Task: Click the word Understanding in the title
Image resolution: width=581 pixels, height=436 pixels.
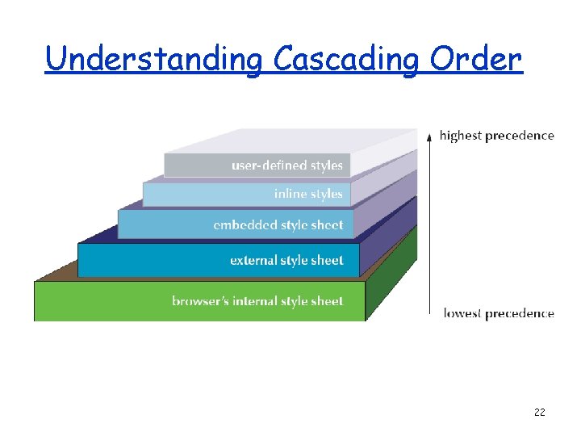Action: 153,59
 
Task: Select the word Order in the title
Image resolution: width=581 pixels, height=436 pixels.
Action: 476,59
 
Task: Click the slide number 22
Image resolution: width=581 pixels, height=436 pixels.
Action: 540,413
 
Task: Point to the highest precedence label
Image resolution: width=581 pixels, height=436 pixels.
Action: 496,136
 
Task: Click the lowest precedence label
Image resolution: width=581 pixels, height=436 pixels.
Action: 499,313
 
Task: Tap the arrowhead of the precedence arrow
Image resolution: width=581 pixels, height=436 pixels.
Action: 429,134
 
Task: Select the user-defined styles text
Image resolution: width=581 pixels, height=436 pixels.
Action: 286,166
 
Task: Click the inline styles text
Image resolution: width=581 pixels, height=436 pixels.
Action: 308,194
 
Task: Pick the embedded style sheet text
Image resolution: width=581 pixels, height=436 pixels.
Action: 278,225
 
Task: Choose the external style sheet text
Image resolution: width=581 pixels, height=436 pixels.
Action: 286,261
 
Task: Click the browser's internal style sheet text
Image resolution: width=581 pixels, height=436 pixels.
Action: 257,301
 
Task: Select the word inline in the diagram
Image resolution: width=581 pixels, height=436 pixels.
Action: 289,194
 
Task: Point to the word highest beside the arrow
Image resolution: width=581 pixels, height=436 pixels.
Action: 460,136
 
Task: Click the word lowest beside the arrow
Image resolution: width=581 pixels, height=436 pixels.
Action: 462,313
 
